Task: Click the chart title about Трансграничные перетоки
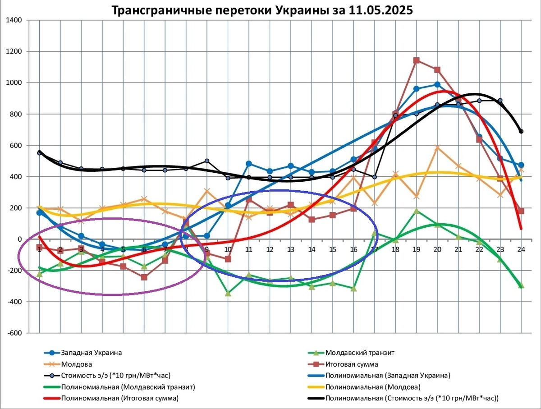tap(262, 10)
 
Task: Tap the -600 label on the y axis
tap(16, 333)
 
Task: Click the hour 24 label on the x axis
tap(521, 249)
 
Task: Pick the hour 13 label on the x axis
tap(291, 249)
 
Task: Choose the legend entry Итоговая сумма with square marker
tap(351, 364)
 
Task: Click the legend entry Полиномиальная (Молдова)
tap(372, 386)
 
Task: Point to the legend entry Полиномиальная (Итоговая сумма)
tap(119, 398)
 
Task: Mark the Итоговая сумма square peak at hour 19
tap(417, 60)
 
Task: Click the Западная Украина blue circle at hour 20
tap(437, 85)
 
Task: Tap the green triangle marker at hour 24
tap(521, 285)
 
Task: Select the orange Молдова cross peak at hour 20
tap(437, 147)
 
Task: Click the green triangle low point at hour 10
tap(228, 293)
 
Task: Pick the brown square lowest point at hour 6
tap(144, 277)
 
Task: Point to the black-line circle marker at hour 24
tap(521, 131)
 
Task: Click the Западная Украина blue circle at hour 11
tap(249, 164)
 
